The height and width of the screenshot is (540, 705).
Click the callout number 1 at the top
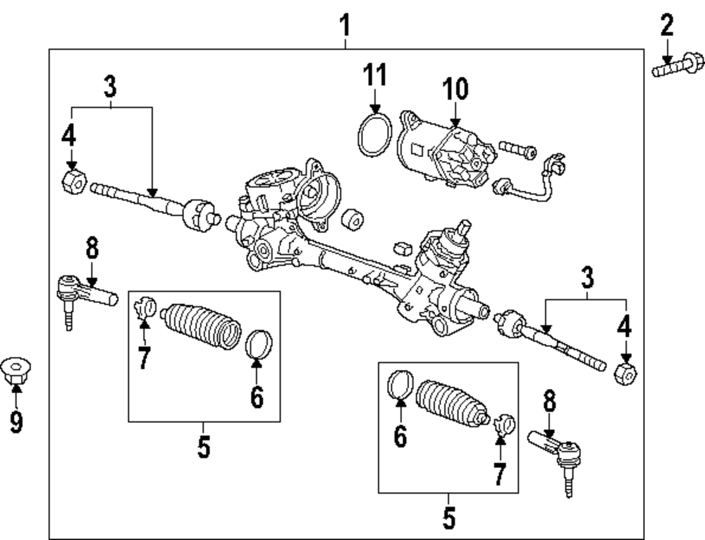click(x=345, y=26)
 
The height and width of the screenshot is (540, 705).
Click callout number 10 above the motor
click(x=455, y=90)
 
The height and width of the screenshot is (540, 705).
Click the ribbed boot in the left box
click(x=201, y=327)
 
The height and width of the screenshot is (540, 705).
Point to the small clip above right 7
click(x=505, y=424)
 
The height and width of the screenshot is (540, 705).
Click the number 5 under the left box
click(x=204, y=447)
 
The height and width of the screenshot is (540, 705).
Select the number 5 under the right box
click(x=449, y=518)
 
